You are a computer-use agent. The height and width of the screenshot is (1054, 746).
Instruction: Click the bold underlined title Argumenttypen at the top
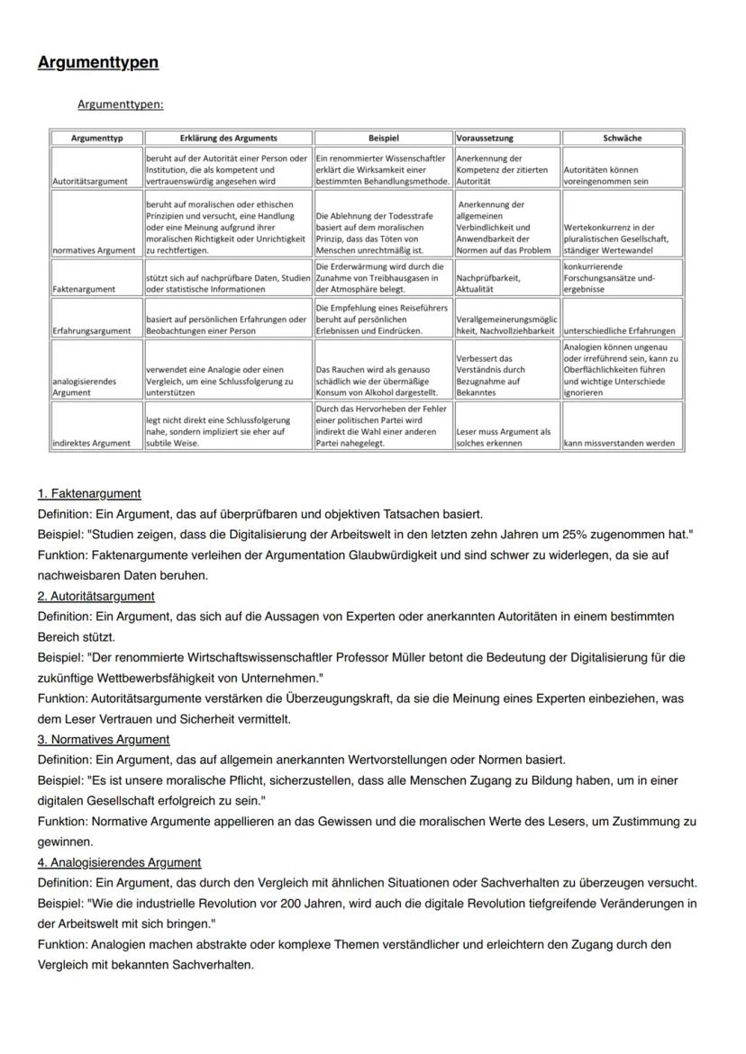(97, 62)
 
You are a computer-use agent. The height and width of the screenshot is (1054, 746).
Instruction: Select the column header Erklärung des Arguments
(228, 138)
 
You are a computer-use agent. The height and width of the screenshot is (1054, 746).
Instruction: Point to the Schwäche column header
(622, 138)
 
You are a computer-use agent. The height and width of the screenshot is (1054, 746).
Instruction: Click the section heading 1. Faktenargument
(89, 493)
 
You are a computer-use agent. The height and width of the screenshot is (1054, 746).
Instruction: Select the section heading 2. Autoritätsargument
(96, 596)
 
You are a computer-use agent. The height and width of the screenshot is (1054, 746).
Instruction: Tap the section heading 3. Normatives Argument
(104, 739)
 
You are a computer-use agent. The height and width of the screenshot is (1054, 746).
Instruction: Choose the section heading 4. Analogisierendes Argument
(119, 861)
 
